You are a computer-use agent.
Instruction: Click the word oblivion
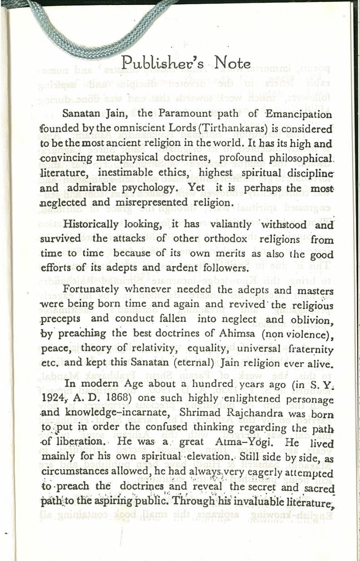pos(309,319)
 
